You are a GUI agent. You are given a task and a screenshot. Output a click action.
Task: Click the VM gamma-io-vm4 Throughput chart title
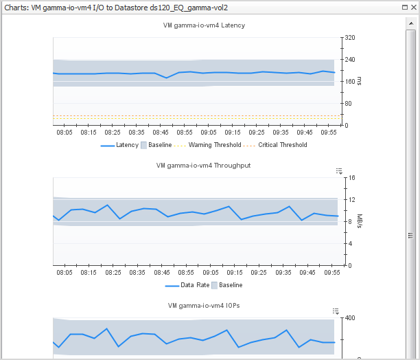[x=203, y=166]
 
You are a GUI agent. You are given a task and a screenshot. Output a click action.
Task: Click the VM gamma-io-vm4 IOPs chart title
[x=204, y=305]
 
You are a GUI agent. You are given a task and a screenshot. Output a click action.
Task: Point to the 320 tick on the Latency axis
[x=350, y=38]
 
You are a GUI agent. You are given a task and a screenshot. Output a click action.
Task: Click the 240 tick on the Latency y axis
[x=350, y=60]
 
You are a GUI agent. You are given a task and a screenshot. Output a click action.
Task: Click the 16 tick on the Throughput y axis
[x=351, y=178]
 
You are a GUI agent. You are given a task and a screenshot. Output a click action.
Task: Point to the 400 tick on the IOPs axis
[x=350, y=318]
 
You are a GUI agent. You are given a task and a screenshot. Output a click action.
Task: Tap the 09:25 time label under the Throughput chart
[x=257, y=272]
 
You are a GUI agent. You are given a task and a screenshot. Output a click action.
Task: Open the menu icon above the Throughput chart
[x=339, y=170]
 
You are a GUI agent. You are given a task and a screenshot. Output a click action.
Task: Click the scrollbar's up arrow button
[x=411, y=21]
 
